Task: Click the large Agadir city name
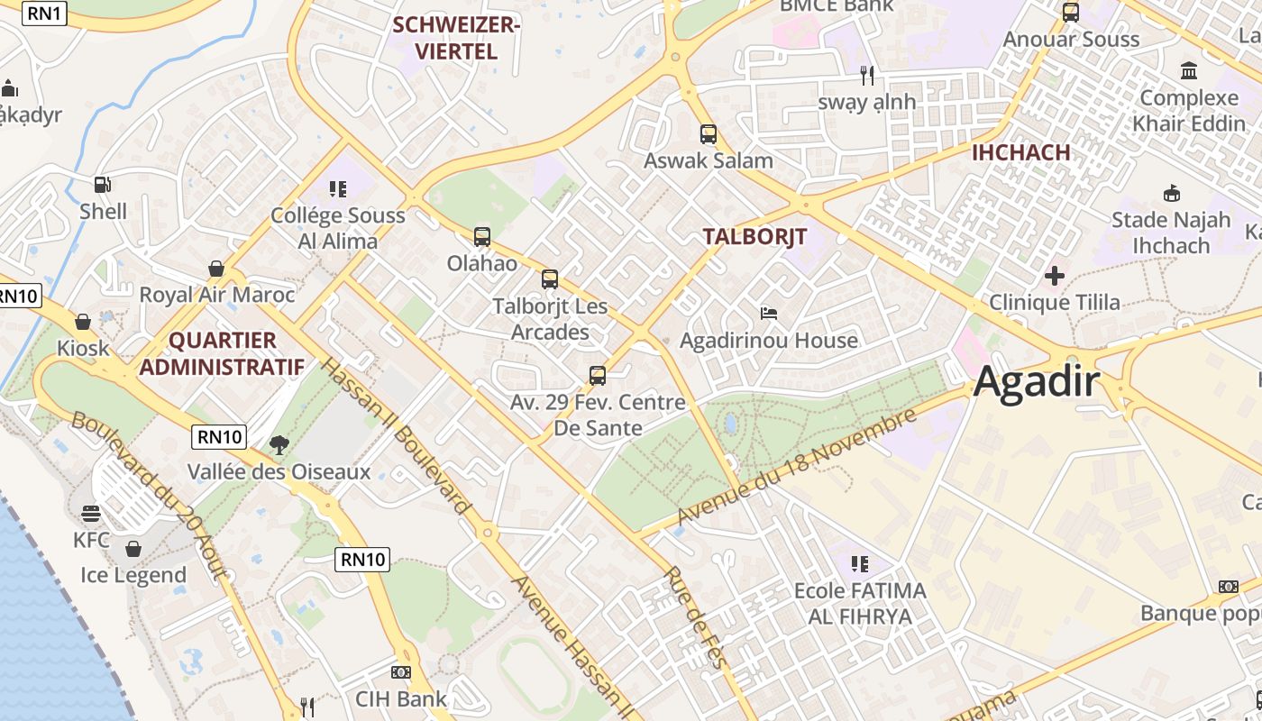(1037, 382)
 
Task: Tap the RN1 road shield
(45, 14)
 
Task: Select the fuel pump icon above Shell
(103, 185)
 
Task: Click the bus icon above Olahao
(482, 237)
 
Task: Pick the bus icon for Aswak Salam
(709, 134)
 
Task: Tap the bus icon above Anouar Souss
(1071, 13)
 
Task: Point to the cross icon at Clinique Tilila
(1055, 275)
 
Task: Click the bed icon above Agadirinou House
(769, 314)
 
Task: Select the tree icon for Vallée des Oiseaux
(279, 443)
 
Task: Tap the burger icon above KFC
(91, 514)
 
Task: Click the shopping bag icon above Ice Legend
(133, 548)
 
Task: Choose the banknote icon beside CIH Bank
(401, 672)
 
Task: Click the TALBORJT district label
(754, 236)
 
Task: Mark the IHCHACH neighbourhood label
(1020, 152)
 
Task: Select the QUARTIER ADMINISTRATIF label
(222, 353)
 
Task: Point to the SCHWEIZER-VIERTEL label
(457, 38)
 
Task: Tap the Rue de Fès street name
(696, 617)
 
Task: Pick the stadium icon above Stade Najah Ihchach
(1171, 193)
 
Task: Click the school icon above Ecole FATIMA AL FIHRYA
(860, 564)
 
